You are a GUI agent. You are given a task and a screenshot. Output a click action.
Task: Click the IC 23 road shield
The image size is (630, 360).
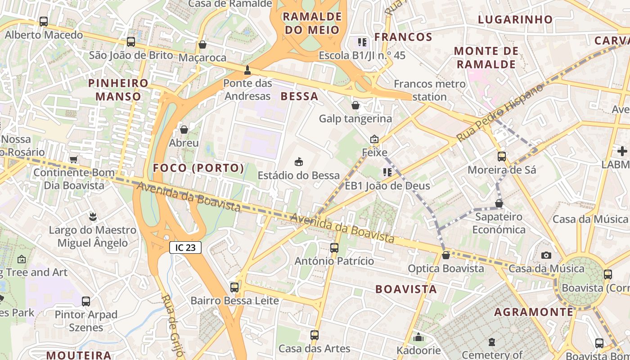click(x=185, y=247)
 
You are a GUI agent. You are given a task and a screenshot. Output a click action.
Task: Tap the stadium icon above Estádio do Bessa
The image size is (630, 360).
click(x=298, y=161)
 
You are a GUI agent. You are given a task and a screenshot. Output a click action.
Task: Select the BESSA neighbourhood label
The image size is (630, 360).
click(x=299, y=96)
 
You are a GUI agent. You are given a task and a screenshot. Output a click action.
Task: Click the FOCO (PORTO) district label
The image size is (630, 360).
click(x=198, y=168)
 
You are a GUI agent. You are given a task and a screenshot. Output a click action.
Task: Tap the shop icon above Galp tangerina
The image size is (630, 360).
click(x=355, y=105)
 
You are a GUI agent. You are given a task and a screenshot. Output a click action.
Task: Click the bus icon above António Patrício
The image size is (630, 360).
click(x=334, y=247)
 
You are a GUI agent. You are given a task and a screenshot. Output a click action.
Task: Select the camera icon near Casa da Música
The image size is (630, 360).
click(x=546, y=255)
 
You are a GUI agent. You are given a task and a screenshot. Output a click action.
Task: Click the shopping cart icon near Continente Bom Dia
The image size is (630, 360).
click(x=73, y=159)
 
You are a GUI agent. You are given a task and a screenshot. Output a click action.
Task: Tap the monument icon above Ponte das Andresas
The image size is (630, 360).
click(x=247, y=70)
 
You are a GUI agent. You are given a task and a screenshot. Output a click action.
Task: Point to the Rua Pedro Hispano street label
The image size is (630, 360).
click(x=499, y=112)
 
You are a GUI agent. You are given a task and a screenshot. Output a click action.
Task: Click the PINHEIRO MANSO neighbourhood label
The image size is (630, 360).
click(x=118, y=90)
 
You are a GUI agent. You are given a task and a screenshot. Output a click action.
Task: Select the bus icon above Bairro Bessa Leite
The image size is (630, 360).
click(x=234, y=287)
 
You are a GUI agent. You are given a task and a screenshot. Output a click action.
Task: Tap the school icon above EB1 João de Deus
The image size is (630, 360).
click(x=387, y=172)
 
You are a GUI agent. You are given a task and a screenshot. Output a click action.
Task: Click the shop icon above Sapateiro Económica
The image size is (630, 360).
click(x=499, y=203)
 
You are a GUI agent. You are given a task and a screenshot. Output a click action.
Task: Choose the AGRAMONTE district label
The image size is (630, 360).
click(x=534, y=312)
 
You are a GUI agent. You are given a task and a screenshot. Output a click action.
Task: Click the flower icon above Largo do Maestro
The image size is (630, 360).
click(x=93, y=216)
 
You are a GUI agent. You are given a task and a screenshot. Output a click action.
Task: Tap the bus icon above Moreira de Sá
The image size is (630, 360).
click(x=502, y=157)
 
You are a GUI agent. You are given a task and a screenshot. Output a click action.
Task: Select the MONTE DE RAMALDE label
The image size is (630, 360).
click(x=486, y=58)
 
